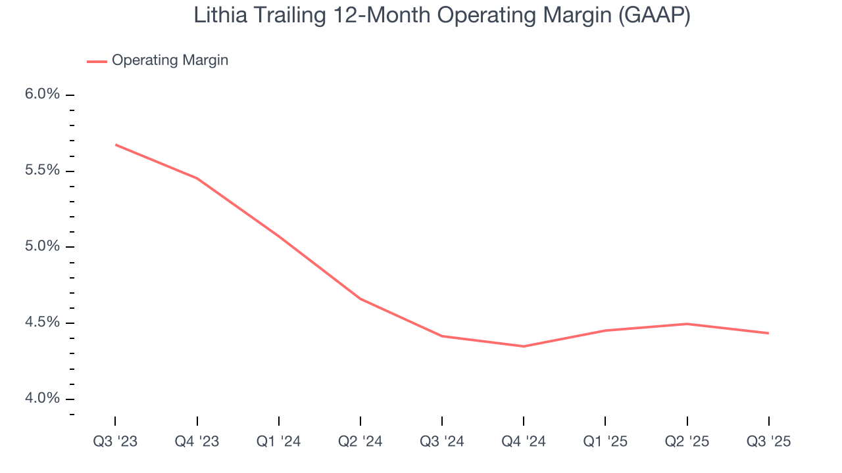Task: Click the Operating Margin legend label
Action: click(170, 60)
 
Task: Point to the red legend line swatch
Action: click(97, 61)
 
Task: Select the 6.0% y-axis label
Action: click(42, 95)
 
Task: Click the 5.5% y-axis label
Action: click(42, 171)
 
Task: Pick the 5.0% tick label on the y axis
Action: click(42, 247)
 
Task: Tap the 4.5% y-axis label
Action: click(42, 323)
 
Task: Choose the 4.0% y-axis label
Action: click(42, 399)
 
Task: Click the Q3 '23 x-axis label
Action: click(115, 442)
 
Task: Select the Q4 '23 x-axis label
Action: click(197, 442)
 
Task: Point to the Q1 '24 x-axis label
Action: click(279, 442)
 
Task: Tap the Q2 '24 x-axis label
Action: click(360, 442)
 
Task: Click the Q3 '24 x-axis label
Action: click(442, 442)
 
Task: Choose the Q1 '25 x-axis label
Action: click(605, 442)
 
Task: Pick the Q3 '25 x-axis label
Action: click(768, 442)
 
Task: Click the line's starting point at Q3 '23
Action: click(116, 145)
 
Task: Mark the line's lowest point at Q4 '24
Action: click(524, 346)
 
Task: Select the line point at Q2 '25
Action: click(687, 324)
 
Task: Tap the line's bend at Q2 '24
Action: click(360, 299)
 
